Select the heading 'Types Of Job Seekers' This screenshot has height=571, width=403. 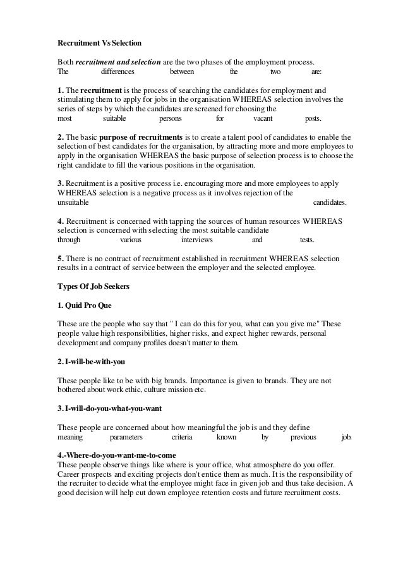coord(93,286)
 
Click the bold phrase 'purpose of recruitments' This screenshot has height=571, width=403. coord(149,137)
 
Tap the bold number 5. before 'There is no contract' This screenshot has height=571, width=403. coord(61,259)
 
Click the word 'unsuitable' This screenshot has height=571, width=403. coord(73,203)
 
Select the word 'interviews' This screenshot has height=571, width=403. coord(196,240)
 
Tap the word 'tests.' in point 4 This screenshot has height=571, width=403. coord(307,240)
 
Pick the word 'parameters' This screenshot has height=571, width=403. coord(126,437)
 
